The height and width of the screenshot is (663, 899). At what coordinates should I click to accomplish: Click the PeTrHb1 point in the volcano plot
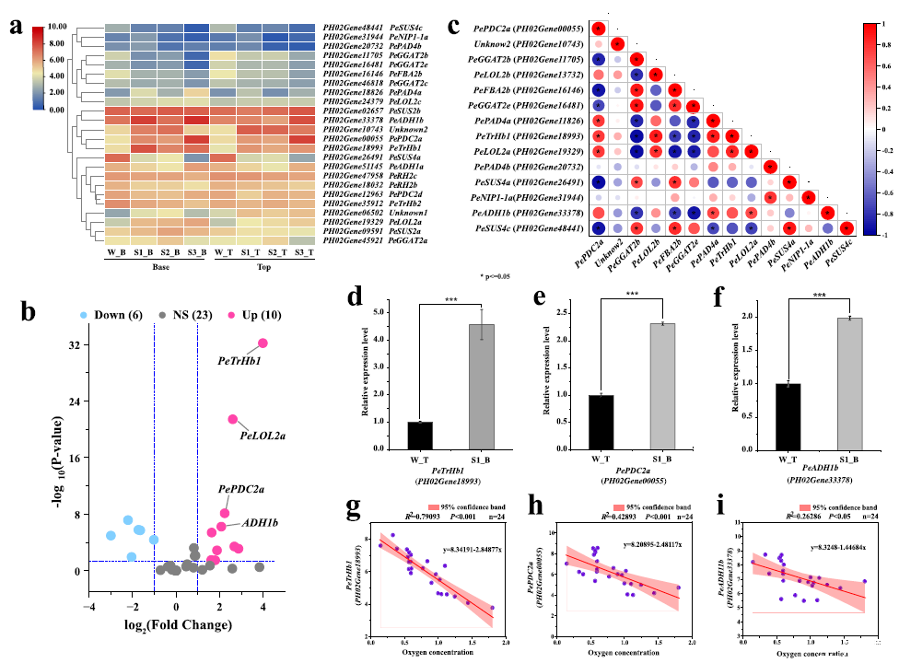coord(263,343)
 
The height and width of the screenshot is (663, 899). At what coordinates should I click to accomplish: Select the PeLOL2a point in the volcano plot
coord(233,420)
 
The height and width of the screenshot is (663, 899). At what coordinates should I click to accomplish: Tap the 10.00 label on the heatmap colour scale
coord(53,28)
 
